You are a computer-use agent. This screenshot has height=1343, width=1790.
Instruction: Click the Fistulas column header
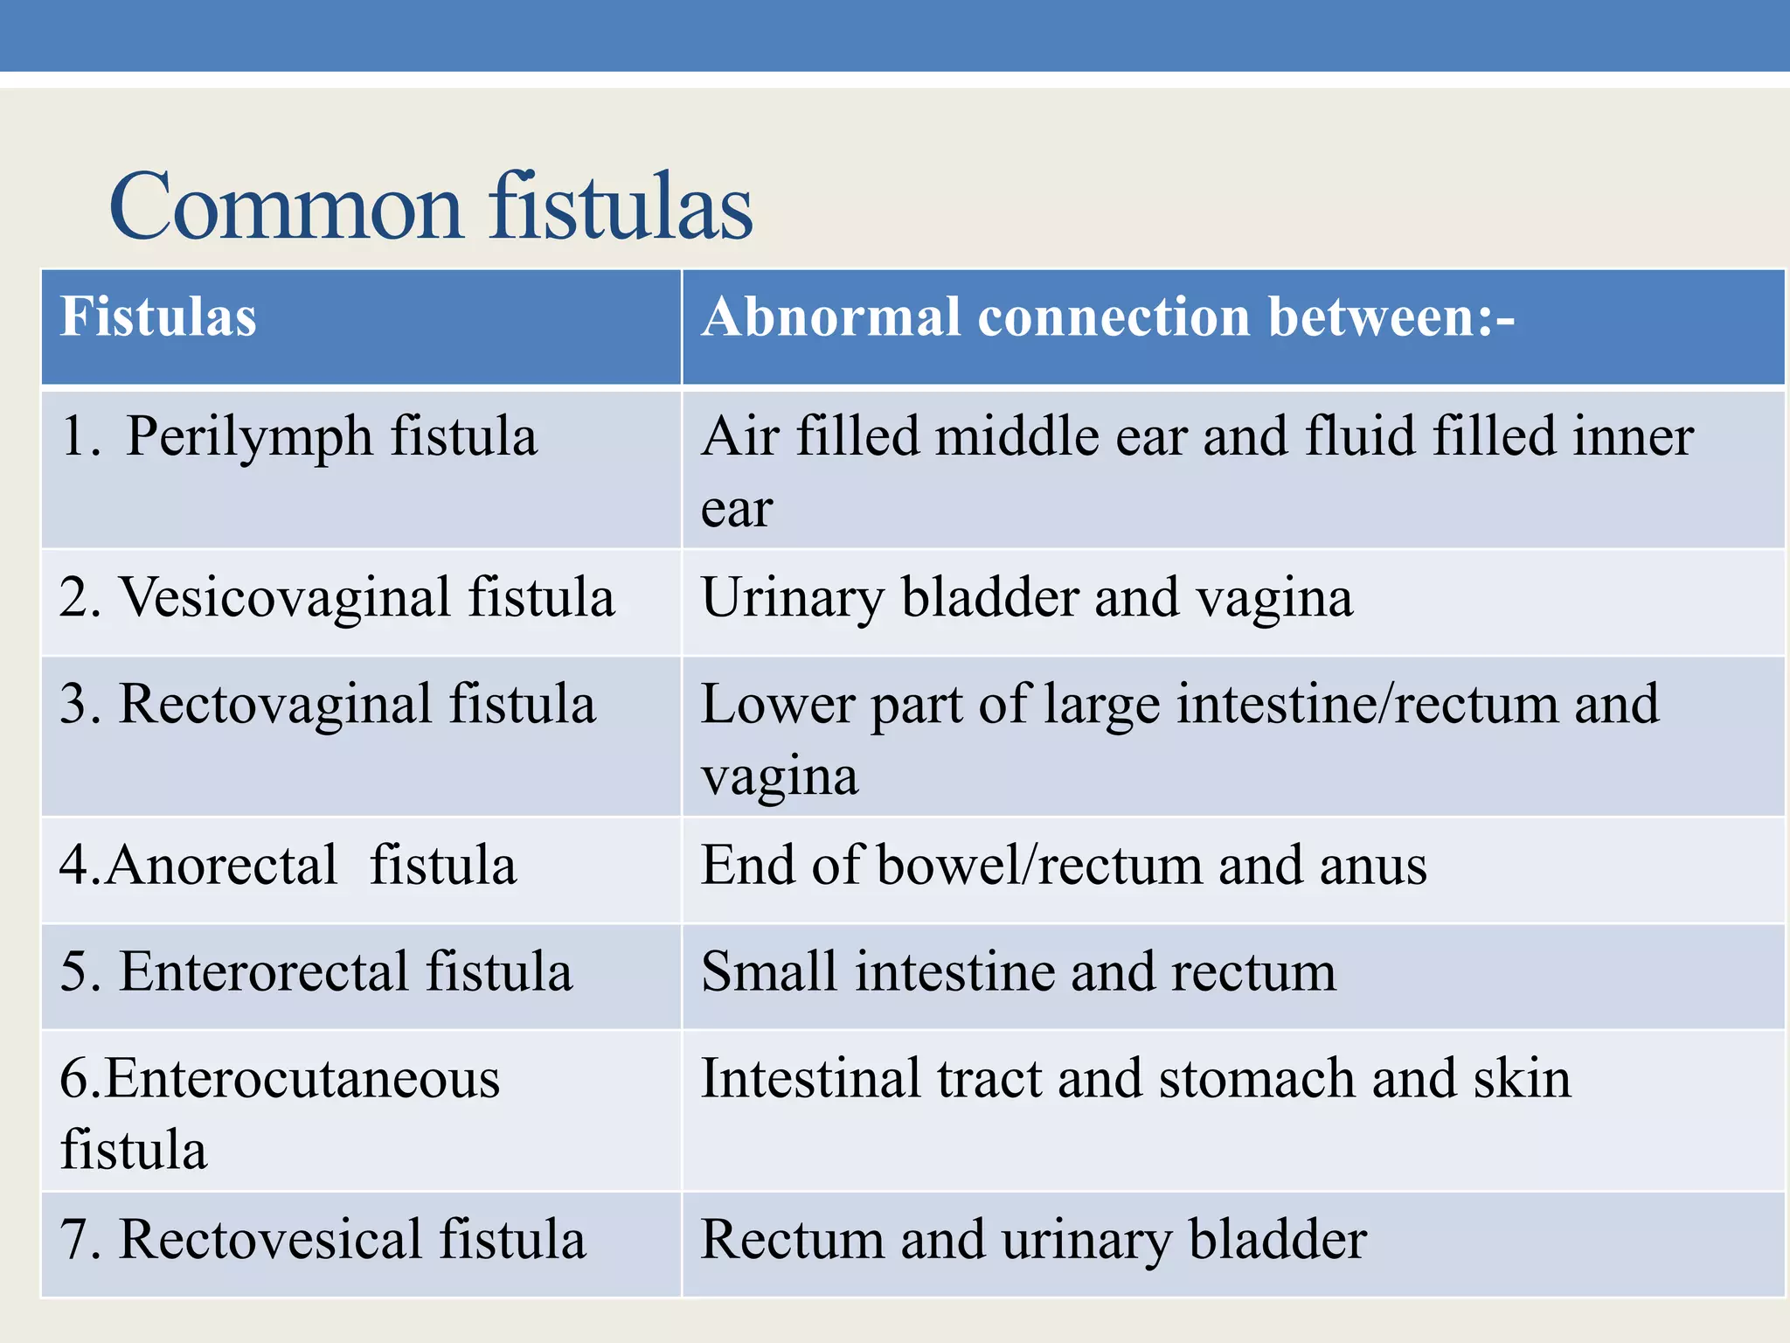click(x=158, y=317)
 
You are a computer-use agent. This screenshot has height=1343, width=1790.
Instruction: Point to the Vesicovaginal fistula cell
click(x=336, y=598)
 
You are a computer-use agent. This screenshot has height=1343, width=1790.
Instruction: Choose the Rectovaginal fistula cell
click(x=327, y=705)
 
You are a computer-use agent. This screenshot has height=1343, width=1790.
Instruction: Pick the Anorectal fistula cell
click(x=288, y=866)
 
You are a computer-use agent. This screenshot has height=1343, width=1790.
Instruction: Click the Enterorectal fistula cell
click(x=316, y=972)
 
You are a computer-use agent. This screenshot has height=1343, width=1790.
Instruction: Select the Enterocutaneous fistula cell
click(x=280, y=1112)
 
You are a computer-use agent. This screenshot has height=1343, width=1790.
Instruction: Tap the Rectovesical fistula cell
click(x=323, y=1240)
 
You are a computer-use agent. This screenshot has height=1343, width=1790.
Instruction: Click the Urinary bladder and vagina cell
click(x=1026, y=598)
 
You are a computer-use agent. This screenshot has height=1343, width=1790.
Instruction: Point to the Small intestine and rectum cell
click(x=1018, y=972)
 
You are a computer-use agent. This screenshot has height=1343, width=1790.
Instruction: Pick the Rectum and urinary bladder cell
click(x=1033, y=1240)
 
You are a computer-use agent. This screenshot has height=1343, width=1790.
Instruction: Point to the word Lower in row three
click(x=777, y=705)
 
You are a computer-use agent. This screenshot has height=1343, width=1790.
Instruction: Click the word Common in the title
click(x=285, y=208)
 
